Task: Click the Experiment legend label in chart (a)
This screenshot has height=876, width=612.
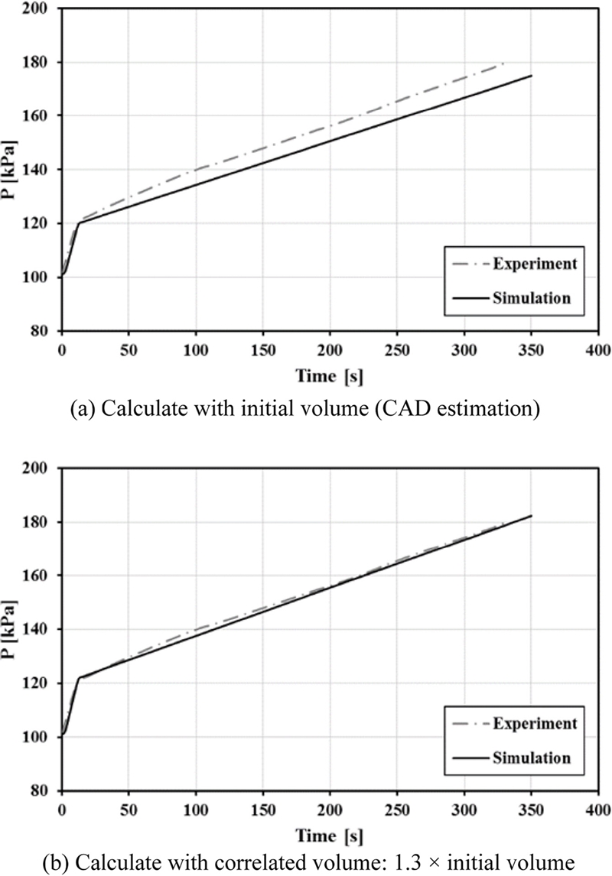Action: (x=535, y=264)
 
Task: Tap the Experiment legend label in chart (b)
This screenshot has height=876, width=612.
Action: (x=535, y=724)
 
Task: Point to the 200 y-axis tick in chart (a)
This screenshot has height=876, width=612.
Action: (x=41, y=8)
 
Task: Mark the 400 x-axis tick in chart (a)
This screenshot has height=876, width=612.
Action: (x=598, y=349)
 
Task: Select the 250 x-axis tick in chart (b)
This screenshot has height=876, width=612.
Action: (x=397, y=809)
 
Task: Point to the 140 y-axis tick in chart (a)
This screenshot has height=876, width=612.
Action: (x=41, y=170)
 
